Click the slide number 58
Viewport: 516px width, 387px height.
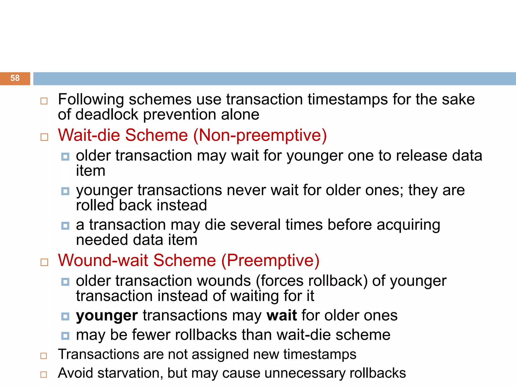[15, 78]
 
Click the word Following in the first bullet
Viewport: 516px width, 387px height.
[91, 100]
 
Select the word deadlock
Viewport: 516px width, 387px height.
[107, 115]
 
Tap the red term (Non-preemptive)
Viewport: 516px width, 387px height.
[260, 135]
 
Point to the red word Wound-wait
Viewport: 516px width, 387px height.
[103, 260]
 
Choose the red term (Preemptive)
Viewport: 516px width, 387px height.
[270, 260]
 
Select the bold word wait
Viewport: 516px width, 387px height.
[282, 315]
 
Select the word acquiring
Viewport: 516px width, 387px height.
[408, 225]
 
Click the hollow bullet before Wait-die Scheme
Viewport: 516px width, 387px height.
[44, 137]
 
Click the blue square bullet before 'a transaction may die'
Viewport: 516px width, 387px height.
[65, 226]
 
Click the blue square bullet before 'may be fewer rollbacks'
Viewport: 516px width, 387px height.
[65, 336]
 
